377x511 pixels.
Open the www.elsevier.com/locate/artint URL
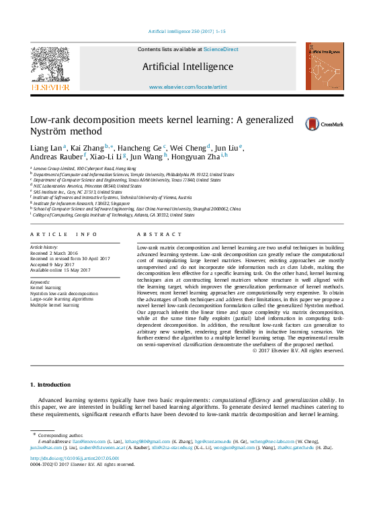(x=187, y=87)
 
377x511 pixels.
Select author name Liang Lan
(x=46, y=148)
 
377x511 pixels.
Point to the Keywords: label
(x=40, y=282)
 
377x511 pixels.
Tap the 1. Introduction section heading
(x=50, y=385)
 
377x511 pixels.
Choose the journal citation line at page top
(x=187, y=32)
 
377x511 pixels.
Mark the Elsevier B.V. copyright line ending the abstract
(x=298, y=350)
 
